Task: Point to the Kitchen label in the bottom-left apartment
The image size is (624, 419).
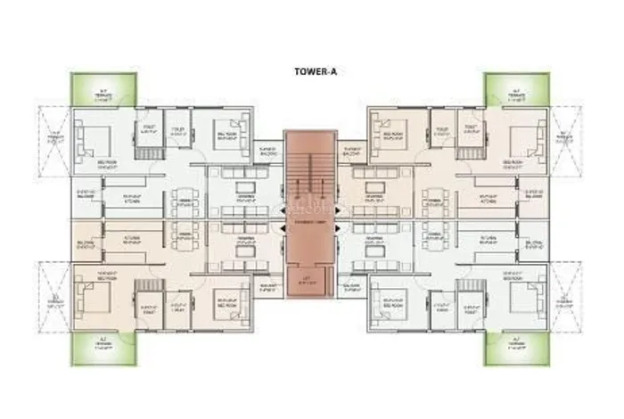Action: coord(135,239)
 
